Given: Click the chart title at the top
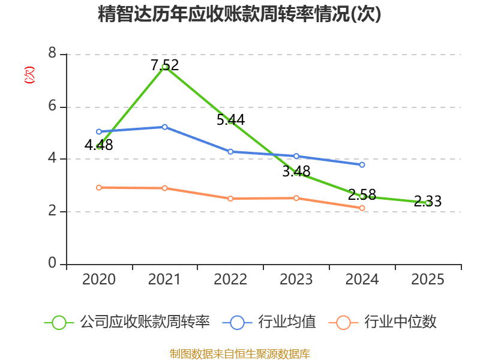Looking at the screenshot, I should coord(239,14).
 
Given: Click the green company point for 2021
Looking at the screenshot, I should coord(164,67).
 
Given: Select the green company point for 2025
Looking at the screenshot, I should coord(428,203).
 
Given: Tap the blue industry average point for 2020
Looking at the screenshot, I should coord(99,131).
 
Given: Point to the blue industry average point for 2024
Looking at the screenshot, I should coord(362,164).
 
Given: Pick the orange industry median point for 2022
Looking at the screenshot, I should coord(230,198).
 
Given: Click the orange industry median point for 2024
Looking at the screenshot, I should coord(362,208).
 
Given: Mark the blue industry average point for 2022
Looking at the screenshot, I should coord(230,152).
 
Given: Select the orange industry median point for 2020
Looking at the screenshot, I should coord(99,187).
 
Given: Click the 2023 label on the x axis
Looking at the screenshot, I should coord(296,280).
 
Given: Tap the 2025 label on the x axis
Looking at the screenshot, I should coord(428,280).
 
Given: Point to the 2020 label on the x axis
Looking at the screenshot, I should coord(99,280).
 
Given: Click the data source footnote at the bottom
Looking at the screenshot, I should coord(239,353).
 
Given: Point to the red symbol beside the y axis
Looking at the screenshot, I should coord(29,75).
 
